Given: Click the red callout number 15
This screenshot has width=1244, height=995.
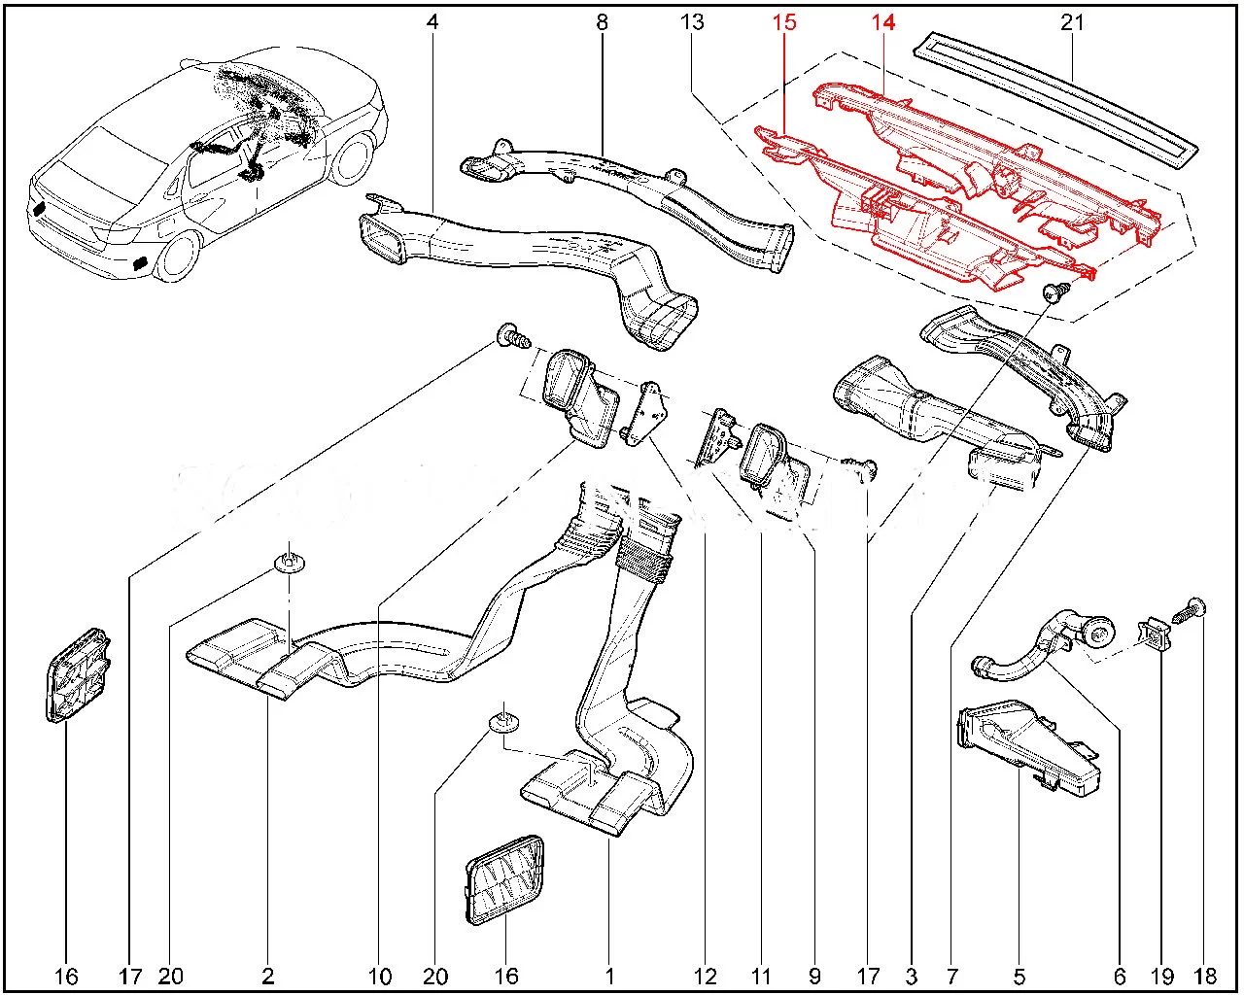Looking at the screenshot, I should tap(784, 21).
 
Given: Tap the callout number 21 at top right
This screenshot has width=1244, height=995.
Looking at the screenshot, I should tap(1071, 21).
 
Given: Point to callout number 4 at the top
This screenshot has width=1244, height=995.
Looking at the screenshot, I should tap(432, 21).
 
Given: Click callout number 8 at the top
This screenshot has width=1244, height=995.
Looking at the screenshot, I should tap(603, 21).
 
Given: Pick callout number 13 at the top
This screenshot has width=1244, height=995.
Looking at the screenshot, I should tap(692, 21).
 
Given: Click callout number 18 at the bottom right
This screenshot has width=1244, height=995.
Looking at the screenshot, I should tap(1203, 976).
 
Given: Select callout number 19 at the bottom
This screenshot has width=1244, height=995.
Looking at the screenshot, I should tap(1162, 976).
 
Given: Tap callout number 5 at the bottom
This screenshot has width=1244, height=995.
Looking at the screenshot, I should tap(1019, 976).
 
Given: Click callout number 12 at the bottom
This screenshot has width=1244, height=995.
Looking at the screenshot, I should tap(706, 976).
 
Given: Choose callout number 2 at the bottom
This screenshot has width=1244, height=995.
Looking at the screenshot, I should tap(267, 976).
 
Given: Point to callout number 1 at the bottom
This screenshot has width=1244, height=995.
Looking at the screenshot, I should tap(609, 976).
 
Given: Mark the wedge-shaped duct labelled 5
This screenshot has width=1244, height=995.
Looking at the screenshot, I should tap(1025, 743).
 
